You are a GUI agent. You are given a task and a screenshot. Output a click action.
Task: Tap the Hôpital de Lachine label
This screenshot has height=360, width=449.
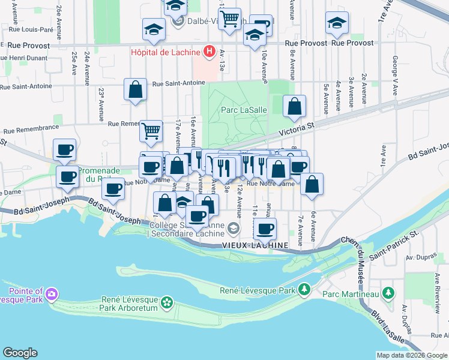[166, 52]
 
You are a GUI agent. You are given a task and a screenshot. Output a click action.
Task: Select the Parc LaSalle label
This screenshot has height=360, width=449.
[239, 109]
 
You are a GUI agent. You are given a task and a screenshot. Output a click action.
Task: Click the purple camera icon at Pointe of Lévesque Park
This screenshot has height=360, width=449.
[52, 293]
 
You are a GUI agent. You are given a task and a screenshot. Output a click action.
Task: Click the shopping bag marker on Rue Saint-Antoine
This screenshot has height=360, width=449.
[136, 89]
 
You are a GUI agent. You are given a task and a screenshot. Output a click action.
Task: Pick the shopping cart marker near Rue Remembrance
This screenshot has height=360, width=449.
[151, 130]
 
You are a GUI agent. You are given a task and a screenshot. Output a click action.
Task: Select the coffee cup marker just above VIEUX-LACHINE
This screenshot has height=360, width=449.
[265, 228]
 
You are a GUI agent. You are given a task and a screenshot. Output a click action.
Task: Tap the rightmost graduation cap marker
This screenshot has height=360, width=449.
[337, 23]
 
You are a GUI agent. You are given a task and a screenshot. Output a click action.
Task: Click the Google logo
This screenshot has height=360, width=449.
[20, 353]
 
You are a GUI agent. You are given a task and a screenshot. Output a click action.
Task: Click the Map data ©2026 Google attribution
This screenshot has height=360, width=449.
[411, 355]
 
